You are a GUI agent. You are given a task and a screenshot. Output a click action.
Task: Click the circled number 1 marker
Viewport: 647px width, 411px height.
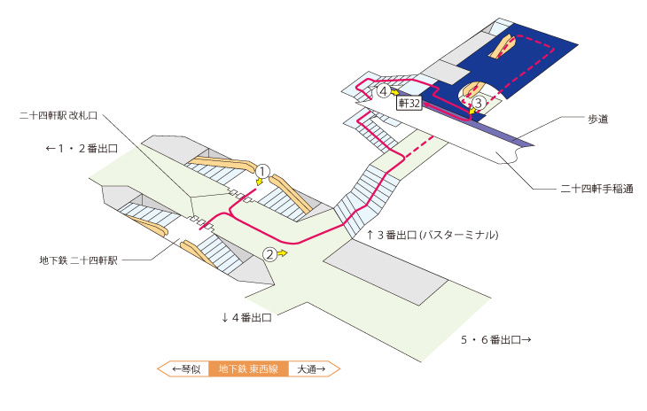[x=262, y=171]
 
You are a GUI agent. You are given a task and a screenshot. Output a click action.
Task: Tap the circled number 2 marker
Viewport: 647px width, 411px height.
[x=269, y=254]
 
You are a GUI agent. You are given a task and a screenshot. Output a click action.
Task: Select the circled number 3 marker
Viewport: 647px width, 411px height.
[x=479, y=103]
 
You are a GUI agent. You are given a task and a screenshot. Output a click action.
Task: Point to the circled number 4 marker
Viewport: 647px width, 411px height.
[x=384, y=91]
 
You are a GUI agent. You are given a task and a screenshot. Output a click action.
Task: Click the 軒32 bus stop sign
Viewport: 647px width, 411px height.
[x=409, y=103]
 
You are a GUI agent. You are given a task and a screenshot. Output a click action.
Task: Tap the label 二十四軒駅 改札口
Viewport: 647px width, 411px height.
[x=58, y=115]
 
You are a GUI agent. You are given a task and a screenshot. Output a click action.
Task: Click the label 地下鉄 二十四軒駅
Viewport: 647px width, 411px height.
[x=78, y=260]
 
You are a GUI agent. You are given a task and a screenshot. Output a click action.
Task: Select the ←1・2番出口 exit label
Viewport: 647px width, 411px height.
[x=82, y=149]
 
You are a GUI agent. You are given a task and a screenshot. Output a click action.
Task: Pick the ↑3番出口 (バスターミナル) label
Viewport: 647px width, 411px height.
[x=433, y=235]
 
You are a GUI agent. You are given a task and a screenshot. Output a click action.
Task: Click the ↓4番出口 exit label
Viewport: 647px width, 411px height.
[x=246, y=317]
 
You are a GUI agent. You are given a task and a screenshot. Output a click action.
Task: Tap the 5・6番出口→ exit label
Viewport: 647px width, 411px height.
[x=496, y=339]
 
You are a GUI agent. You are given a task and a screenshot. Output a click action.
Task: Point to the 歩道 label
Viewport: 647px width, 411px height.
[x=598, y=119]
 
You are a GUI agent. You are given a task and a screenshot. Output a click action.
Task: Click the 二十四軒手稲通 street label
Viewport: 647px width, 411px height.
[x=596, y=190]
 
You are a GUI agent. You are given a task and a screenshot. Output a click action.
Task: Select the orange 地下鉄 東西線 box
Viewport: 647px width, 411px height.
[x=248, y=369]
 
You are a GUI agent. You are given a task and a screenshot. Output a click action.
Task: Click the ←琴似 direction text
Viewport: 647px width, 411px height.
[x=186, y=369]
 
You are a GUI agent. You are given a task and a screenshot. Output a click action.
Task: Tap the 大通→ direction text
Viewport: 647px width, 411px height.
[x=311, y=369]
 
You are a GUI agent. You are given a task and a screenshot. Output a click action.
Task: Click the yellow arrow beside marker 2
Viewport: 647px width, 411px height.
[x=282, y=253]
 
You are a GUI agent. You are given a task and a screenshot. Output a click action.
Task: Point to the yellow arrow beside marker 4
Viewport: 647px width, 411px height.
[x=395, y=92]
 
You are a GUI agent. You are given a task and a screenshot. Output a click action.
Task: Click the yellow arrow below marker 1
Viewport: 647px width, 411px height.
[x=259, y=182]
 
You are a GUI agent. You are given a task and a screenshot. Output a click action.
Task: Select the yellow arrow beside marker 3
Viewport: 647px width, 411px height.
[x=472, y=111]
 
